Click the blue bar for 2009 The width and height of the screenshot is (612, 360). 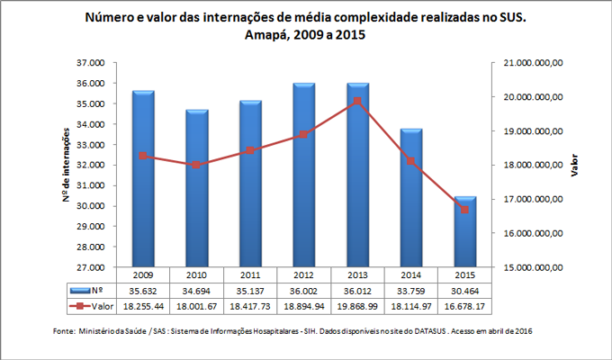[x=143, y=180]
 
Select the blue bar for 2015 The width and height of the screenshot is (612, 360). [x=464, y=232]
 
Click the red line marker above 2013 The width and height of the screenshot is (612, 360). [x=357, y=101]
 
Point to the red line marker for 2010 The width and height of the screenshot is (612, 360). [x=196, y=166]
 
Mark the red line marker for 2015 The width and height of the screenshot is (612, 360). [x=464, y=210]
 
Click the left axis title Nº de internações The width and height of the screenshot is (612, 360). [x=67, y=166]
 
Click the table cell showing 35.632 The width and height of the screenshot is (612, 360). [x=143, y=291]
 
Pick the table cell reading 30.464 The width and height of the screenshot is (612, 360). [x=464, y=291]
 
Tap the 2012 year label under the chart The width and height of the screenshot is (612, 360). [x=303, y=274]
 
